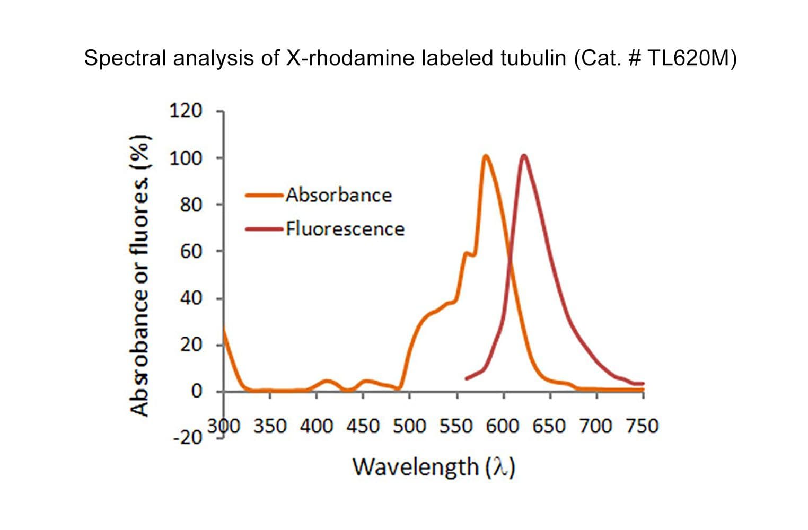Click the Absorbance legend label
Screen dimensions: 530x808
[339, 195]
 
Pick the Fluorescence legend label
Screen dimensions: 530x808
[345, 229]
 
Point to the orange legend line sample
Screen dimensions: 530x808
[264, 195]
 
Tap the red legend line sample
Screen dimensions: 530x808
[264, 229]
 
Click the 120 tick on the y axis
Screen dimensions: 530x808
[186, 111]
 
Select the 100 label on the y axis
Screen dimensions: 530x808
[186, 158]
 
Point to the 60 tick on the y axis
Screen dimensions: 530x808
[191, 251]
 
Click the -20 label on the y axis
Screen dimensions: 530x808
[188, 438]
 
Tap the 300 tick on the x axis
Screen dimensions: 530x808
[224, 426]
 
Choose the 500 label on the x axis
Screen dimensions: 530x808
[409, 426]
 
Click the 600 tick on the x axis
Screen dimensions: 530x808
[503, 426]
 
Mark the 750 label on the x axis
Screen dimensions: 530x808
[642, 426]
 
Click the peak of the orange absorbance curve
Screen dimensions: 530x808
[485, 156]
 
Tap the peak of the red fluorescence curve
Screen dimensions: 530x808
[524, 156]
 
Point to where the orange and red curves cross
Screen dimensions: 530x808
[510, 259]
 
